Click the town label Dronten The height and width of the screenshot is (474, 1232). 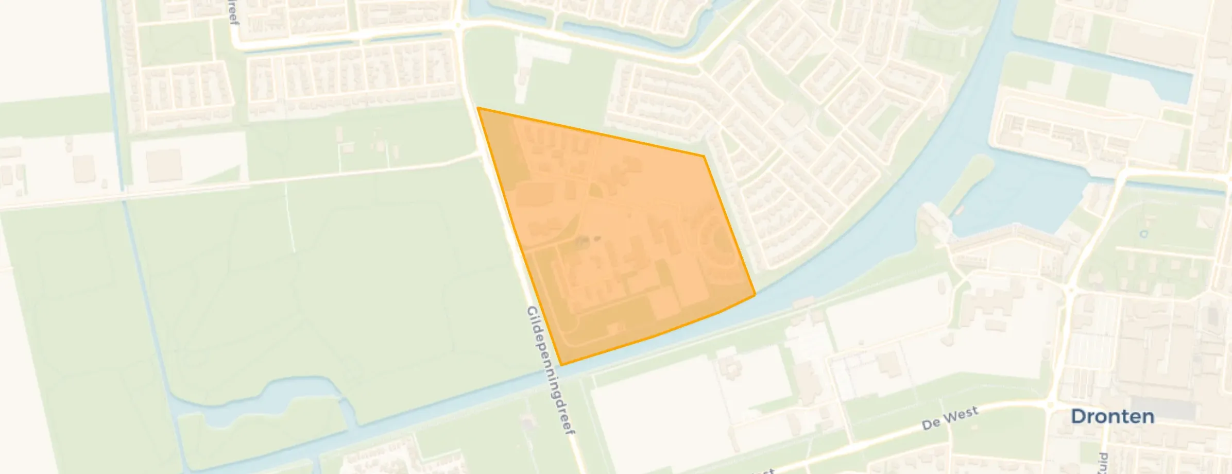pos(1112,417)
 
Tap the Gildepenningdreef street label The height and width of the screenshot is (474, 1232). pos(550,371)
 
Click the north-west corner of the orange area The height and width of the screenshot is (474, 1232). pos(478,108)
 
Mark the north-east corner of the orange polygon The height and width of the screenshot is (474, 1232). pos(704,156)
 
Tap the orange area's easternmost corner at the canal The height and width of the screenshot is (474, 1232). pos(755,295)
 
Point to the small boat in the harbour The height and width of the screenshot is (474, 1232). pos(959,210)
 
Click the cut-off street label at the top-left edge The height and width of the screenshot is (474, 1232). pos(234,13)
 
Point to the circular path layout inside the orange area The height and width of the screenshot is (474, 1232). pos(718,242)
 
